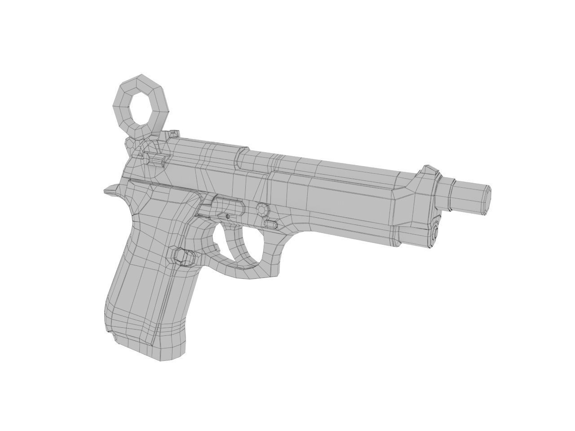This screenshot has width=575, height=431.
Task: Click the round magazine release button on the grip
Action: click(184, 256)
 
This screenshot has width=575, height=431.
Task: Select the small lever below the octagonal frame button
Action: click(271, 223)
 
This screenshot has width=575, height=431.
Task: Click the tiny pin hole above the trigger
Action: click(227, 217)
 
